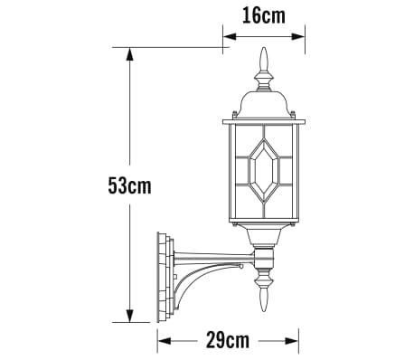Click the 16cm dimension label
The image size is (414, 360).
264,14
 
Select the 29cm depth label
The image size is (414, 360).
228,340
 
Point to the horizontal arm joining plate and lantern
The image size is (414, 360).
212,257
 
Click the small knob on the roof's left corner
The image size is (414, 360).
234,114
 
